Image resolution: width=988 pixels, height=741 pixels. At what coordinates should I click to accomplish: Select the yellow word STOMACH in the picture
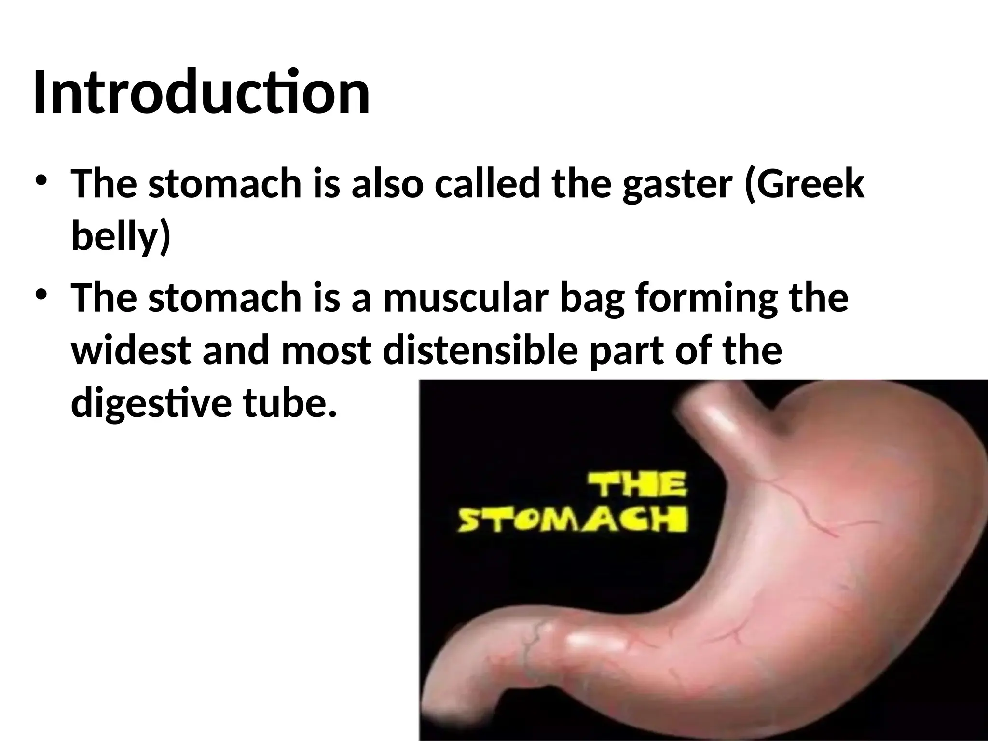[572, 521]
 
